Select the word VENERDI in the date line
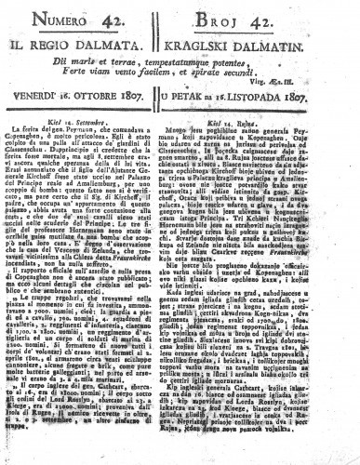[43, 94]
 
